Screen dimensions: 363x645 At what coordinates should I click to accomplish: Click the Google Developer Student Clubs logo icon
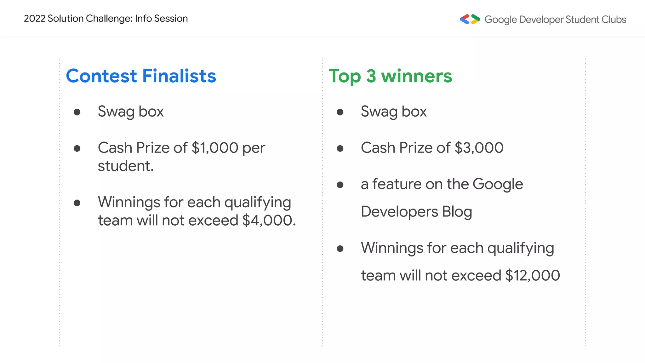[470, 19]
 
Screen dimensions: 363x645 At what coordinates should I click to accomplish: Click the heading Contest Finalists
[141, 76]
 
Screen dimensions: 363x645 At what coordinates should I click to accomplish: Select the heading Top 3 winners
[390, 76]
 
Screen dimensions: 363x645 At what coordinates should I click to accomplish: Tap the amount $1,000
[215, 148]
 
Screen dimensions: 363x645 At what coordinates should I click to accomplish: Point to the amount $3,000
[479, 148]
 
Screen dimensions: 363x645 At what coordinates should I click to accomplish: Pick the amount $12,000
[533, 275]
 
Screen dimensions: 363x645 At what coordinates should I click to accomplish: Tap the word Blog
[457, 212]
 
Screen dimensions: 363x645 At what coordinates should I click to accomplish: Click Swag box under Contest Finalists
[131, 112]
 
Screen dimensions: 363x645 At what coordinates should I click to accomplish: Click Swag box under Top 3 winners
[394, 112]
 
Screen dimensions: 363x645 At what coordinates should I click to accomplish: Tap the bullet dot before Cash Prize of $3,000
[340, 148]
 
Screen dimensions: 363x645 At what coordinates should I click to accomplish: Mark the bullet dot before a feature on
[340, 185]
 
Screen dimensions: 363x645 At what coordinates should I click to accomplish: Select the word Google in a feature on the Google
[498, 184]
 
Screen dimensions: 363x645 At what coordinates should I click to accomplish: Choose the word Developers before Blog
[399, 212]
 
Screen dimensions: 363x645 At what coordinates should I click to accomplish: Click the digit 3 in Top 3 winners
[371, 76]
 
